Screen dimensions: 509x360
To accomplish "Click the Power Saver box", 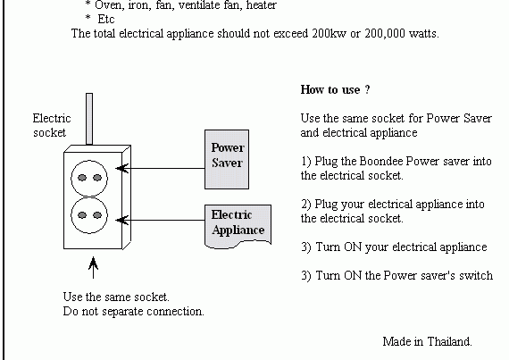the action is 227,159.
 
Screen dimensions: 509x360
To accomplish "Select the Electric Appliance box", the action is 238,226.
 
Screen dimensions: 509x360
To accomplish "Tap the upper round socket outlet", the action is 89,178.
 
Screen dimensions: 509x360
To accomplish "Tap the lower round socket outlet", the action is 89,215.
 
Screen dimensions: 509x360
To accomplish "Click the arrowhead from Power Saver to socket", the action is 122,168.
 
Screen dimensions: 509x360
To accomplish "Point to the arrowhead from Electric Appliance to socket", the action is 122,220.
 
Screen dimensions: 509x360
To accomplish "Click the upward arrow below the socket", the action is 93,267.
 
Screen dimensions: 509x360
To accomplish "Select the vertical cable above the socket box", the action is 89,119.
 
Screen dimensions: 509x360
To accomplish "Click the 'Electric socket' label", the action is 52,125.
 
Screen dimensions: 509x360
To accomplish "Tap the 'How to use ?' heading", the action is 335,89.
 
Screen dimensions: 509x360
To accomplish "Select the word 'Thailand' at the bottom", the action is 449,341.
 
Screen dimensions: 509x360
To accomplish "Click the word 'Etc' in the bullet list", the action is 106,19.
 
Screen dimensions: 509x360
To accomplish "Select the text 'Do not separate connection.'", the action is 133,311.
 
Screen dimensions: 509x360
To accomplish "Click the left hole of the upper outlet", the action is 82,178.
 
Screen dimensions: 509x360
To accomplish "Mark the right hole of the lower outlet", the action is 97,215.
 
